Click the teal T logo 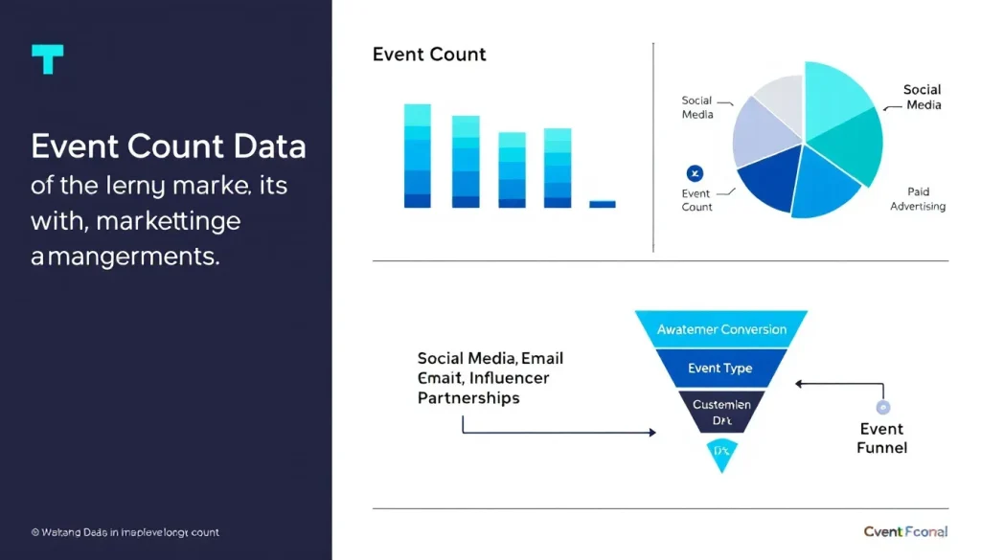click(47, 59)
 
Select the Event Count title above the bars click(429, 55)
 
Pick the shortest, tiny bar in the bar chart click(602, 204)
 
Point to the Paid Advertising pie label click(918, 199)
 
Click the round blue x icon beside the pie click(696, 173)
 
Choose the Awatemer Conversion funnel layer click(721, 329)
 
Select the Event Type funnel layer click(720, 369)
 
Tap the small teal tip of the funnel click(720, 454)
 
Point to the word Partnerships click(468, 397)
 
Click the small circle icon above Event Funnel click(882, 407)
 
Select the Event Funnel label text click(881, 438)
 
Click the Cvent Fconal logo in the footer click(904, 532)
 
